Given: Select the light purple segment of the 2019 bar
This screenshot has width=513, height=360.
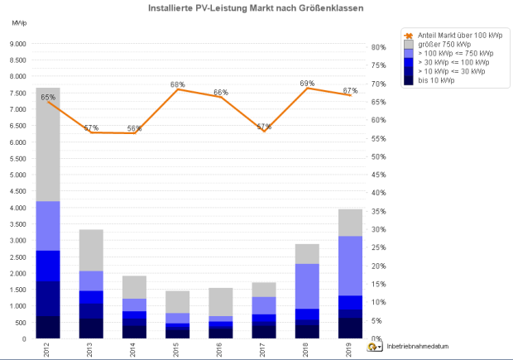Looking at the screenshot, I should click(351, 266).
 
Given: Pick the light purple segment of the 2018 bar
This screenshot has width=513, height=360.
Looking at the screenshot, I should click(308, 286).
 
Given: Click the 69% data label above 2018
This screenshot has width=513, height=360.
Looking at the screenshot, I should click(307, 84).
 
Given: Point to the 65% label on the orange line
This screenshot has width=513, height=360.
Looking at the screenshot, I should click(48, 98).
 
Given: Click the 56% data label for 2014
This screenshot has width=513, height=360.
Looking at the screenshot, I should click(134, 128).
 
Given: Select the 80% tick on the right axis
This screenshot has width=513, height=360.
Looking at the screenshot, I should click(377, 47).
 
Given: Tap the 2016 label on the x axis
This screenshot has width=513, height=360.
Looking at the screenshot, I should click(221, 348).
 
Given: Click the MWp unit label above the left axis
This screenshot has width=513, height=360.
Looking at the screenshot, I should click(19, 21).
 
